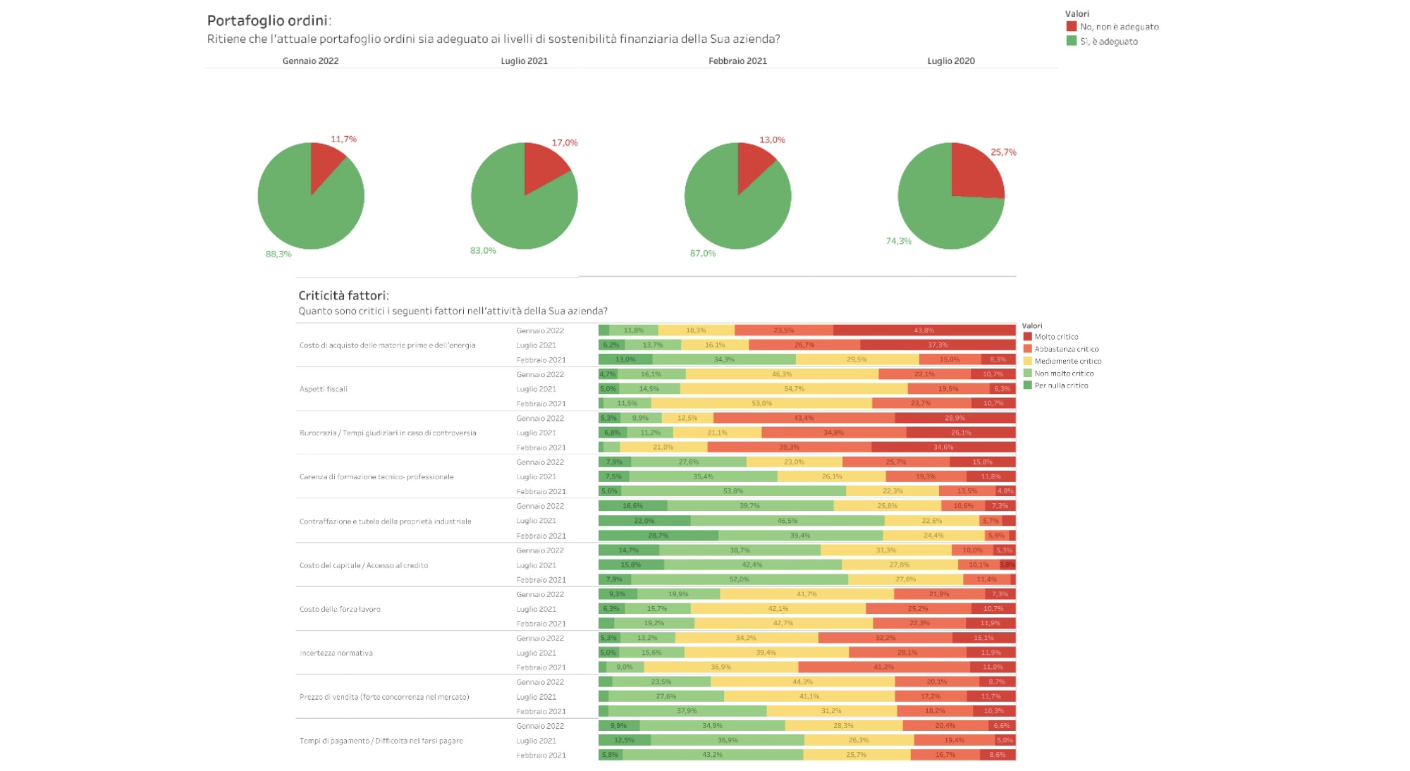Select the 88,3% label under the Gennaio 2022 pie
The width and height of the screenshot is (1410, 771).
278,254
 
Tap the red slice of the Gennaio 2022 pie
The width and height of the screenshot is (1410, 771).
324,162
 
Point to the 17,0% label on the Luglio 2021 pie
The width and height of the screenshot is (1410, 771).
565,142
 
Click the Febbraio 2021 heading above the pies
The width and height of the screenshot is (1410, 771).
737,61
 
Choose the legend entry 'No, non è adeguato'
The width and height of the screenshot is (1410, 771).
1119,27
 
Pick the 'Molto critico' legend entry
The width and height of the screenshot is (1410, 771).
1056,337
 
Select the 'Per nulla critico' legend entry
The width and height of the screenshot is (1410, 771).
1061,385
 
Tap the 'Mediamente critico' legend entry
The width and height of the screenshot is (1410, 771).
1067,361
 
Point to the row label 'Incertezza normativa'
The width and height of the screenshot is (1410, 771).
336,653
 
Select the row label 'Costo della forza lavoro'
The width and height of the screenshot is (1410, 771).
340,609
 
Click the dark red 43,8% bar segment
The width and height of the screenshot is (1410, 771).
924,331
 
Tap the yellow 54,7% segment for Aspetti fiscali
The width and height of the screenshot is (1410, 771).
794,389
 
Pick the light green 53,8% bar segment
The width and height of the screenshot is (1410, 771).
733,491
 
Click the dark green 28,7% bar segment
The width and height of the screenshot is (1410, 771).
658,536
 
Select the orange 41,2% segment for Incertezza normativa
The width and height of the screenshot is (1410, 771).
883,667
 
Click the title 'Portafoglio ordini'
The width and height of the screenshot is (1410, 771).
268,20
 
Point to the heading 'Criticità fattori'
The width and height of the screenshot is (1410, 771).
343,295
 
